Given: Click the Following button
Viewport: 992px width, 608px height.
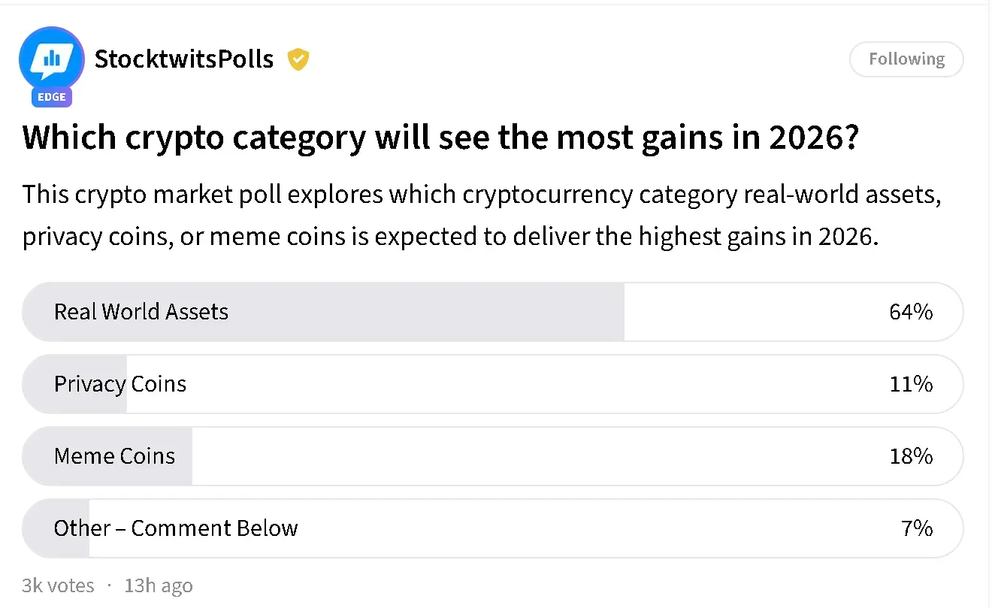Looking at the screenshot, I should [906, 59].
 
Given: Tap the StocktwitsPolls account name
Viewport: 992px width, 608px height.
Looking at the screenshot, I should [184, 59].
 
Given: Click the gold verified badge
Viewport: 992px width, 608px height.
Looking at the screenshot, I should [298, 59].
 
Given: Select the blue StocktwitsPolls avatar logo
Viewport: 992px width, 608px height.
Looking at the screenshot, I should [51, 59].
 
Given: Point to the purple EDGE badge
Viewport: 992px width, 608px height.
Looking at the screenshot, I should [52, 97].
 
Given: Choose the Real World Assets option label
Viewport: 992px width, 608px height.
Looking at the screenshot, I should [141, 312].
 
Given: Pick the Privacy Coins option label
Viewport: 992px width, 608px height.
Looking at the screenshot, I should [120, 384].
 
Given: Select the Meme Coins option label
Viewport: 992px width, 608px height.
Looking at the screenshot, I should [114, 456].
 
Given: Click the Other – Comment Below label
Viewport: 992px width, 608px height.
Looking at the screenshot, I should [176, 528].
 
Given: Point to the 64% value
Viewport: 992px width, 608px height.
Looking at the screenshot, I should [911, 312].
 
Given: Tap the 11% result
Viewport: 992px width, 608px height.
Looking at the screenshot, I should [911, 384].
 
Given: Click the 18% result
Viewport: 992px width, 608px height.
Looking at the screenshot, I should [911, 456].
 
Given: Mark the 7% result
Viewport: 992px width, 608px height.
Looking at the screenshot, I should [917, 528].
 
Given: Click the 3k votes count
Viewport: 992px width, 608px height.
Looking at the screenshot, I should [59, 585].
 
